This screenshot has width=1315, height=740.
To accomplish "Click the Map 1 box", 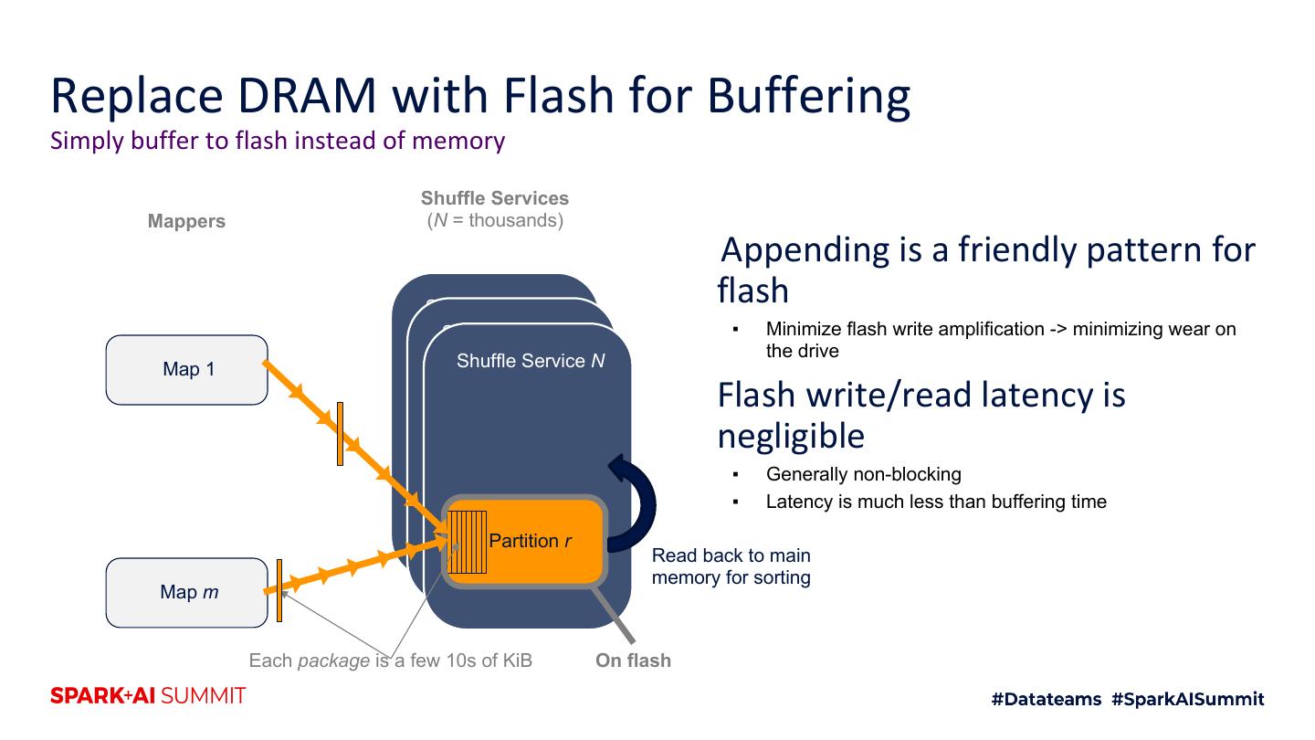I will tap(187, 370).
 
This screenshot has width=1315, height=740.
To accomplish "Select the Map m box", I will tap(187, 592).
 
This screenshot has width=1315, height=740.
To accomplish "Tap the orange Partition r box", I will tap(539, 541).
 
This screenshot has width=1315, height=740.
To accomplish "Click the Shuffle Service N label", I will tap(531, 361).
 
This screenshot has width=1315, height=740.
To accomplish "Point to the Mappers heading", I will tap(186, 221).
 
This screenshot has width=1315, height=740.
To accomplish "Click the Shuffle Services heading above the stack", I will tap(494, 198).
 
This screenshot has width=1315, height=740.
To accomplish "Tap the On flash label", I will tap(633, 661).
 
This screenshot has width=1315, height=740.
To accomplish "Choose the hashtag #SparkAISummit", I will tap(1188, 699).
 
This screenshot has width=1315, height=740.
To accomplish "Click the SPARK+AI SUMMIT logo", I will tap(148, 696).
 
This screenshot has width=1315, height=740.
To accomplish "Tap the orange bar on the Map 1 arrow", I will tap(340, 433).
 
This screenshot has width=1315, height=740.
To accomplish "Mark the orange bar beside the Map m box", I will tap(279, 590).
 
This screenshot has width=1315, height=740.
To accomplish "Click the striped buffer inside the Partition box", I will tap(467, 542).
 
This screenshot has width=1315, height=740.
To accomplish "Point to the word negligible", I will tap(791, 437).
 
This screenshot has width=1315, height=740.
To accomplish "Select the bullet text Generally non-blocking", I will tap(863, 474).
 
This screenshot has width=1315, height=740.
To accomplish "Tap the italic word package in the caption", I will tap(333, 661).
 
